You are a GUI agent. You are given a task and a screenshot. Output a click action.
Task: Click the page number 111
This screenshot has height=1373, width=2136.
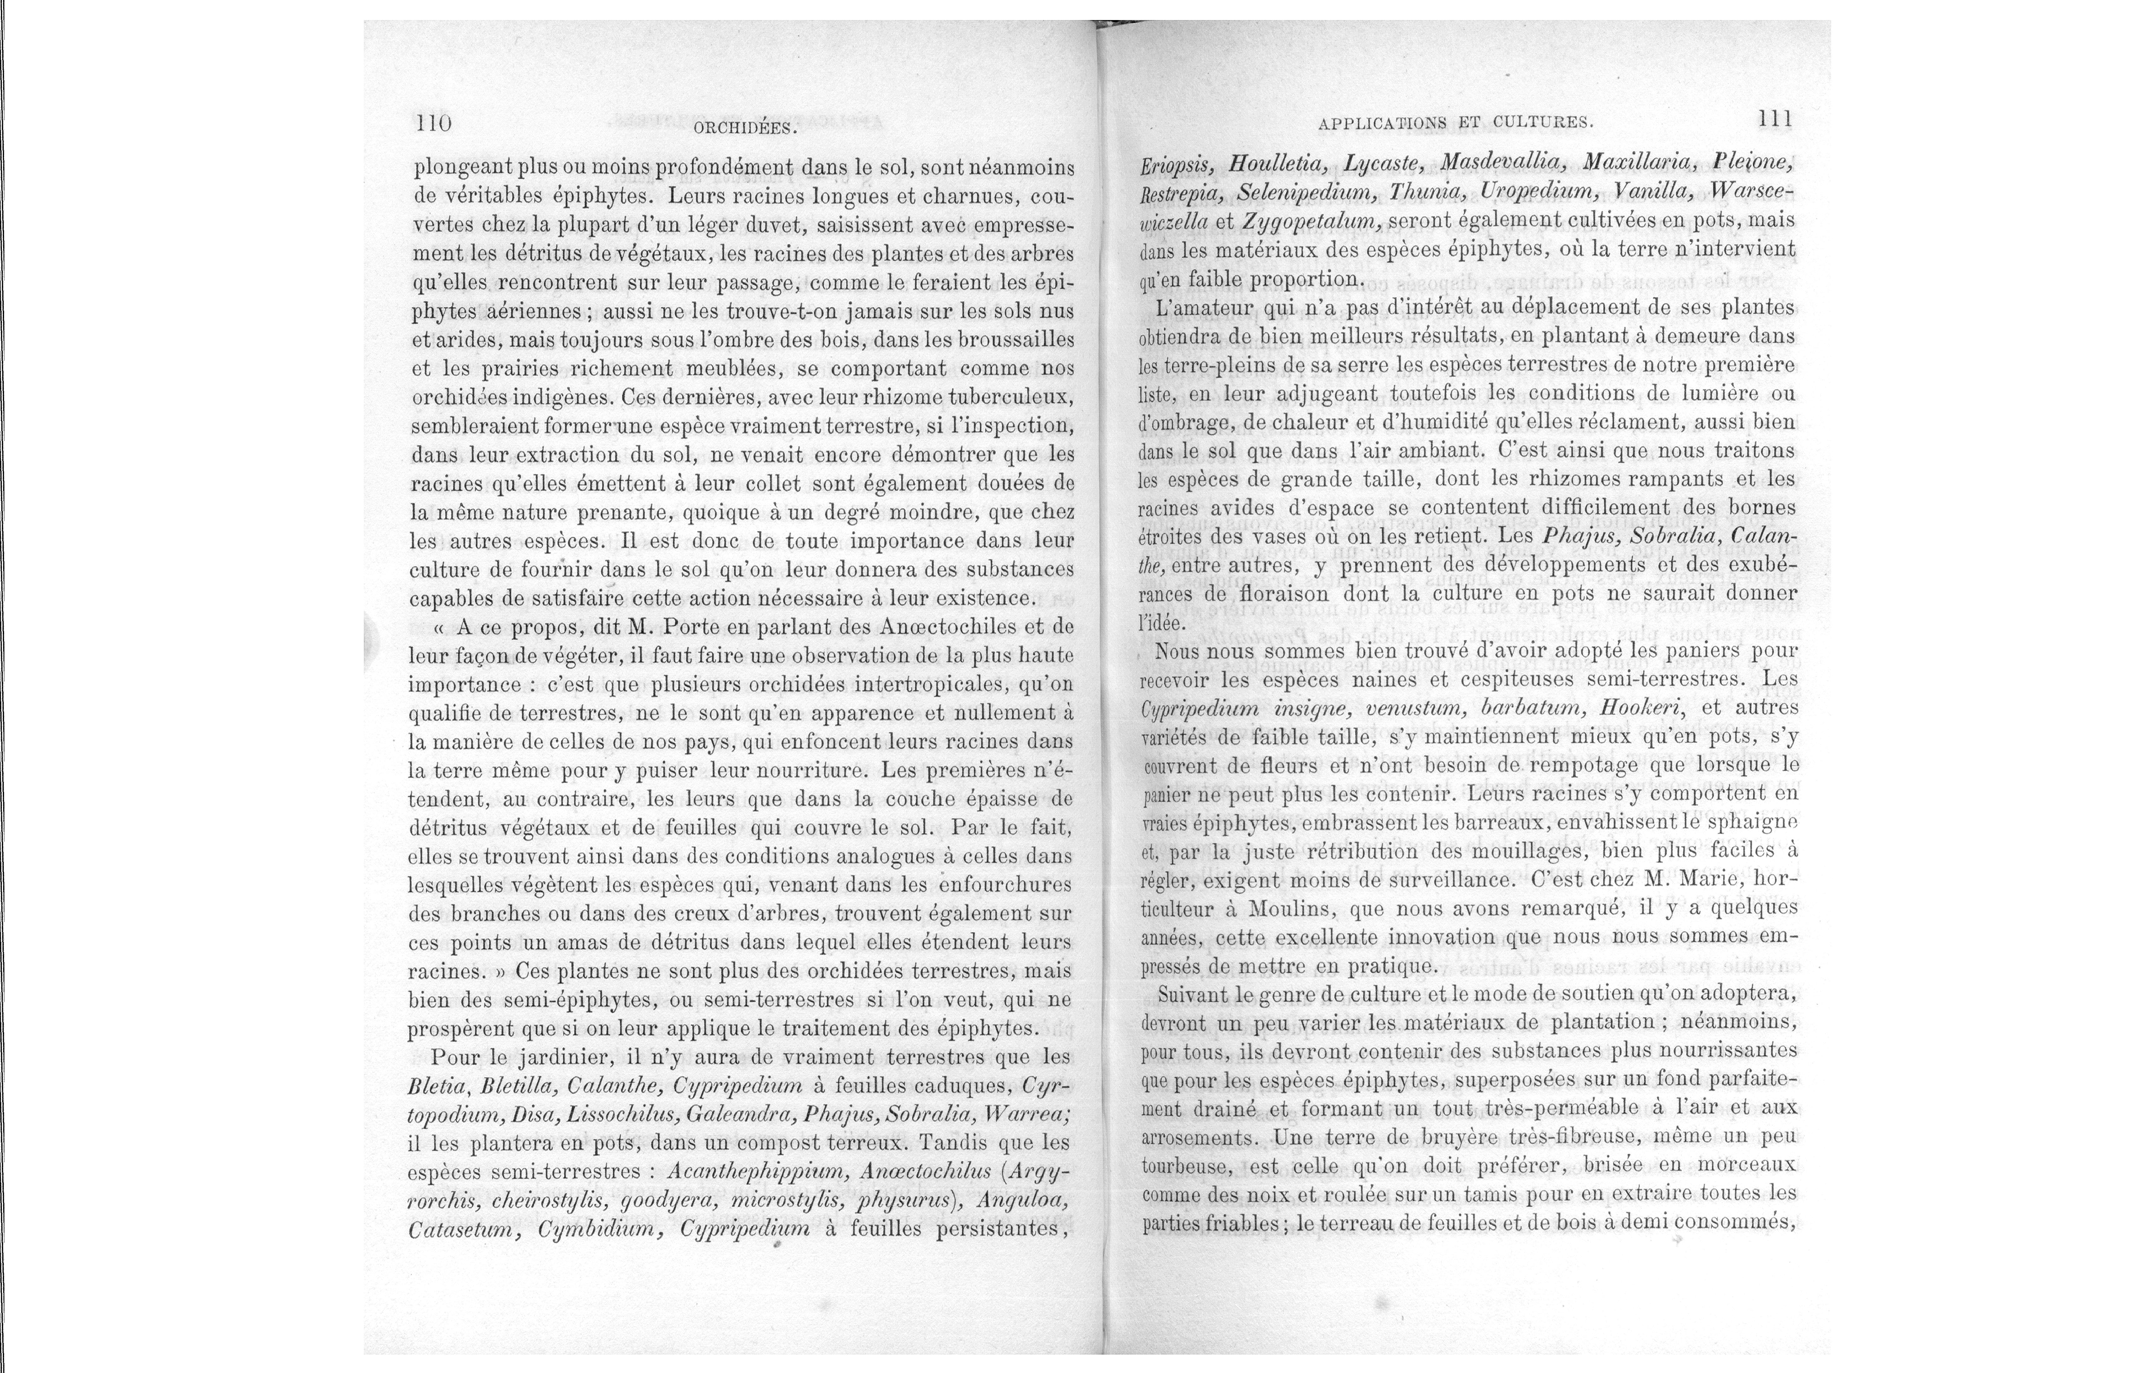click(1775, 119)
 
